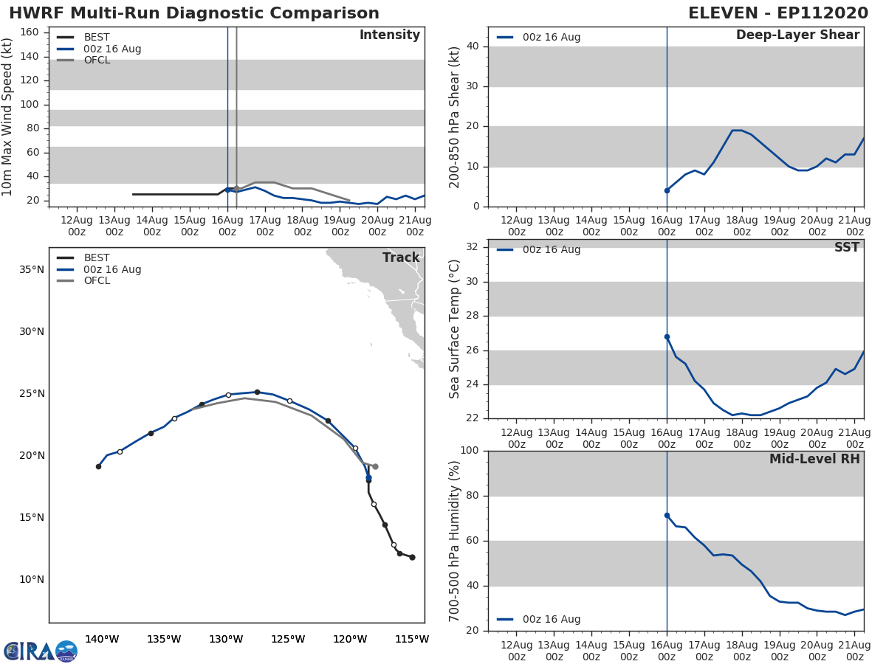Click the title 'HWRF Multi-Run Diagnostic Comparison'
point(194,13)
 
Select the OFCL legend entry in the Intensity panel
point(97,60)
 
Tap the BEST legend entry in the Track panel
point(97,257)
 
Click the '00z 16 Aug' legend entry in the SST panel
point(551,249)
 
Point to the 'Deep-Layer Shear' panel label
point(797,35)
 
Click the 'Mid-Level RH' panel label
point(814,459)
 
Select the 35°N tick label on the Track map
point(32,269)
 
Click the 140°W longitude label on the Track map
point(102,639)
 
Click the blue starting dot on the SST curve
point(667,336)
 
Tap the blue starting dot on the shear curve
point(667,190)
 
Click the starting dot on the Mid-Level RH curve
point(667,515)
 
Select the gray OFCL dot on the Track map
point(375,466)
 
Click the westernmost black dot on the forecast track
point(98,466)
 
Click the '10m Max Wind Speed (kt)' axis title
point(8,117)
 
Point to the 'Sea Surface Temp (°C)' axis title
point(455,329)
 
